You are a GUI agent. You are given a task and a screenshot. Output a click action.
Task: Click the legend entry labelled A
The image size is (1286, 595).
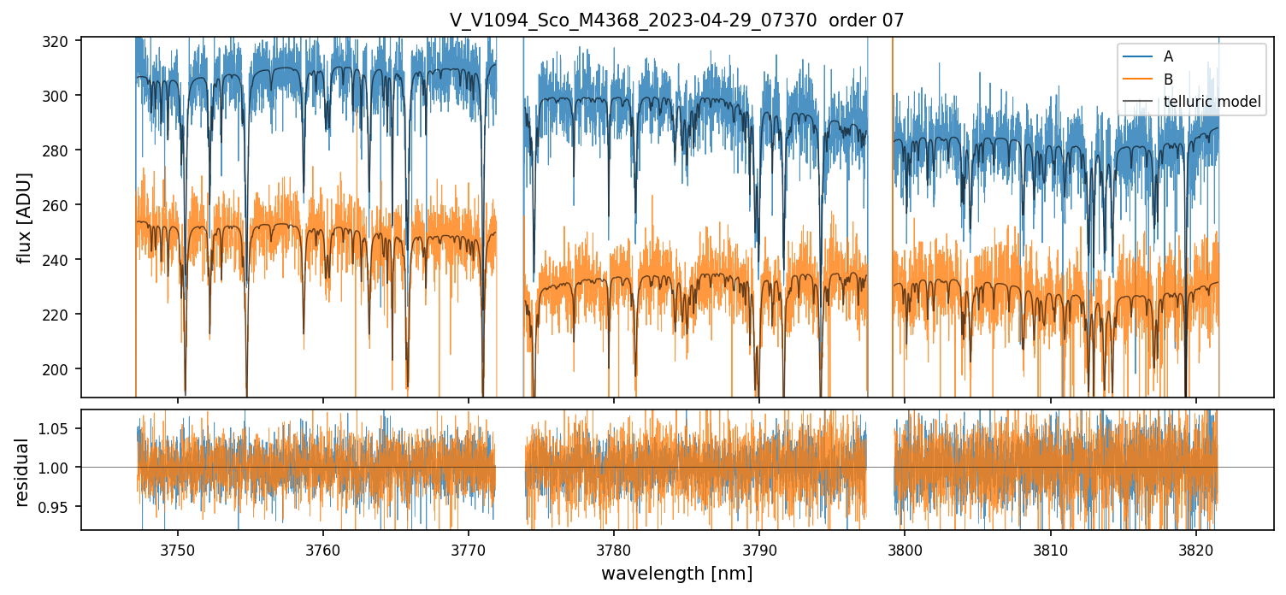tap(1168, 57)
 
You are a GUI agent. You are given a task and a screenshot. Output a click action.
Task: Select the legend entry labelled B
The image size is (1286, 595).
tap(1168, 80)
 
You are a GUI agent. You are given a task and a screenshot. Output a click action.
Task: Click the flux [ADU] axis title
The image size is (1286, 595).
tap(25, 217)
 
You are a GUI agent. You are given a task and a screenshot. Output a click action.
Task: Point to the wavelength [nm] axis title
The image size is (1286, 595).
tap(676, 574)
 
